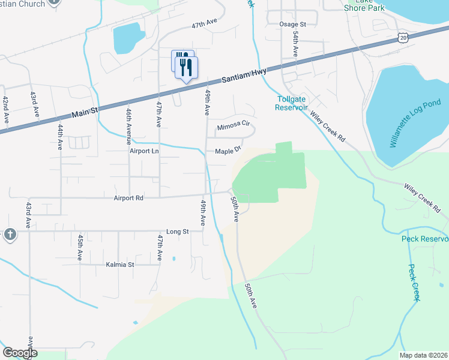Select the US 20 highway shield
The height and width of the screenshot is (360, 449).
click(x=402, y=38)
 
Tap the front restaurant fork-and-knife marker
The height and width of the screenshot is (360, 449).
click(x=186, y=67)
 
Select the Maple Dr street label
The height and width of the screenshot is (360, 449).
click(x=228, y=151)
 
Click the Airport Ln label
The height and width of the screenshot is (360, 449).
click(x=144, y=151)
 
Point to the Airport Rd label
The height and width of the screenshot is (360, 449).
click(x=128, y=197)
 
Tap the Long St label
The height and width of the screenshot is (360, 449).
click(x=177, y=232)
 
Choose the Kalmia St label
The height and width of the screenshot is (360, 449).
click(x=119, y=264)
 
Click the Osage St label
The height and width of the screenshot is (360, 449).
click(x=293, y=24)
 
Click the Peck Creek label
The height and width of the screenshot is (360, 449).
click(x=415, y=283)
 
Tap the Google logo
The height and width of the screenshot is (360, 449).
click(x=20, y=353)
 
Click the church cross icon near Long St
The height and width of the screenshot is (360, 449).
click(x=10, y=234)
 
